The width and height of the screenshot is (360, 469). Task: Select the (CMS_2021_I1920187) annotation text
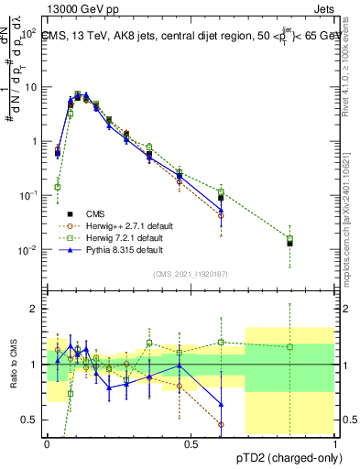tap(190, 274)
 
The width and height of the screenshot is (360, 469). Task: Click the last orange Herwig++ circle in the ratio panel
tap(222, 424)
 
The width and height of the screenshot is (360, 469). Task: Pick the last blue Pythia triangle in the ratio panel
tap(222, 404)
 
